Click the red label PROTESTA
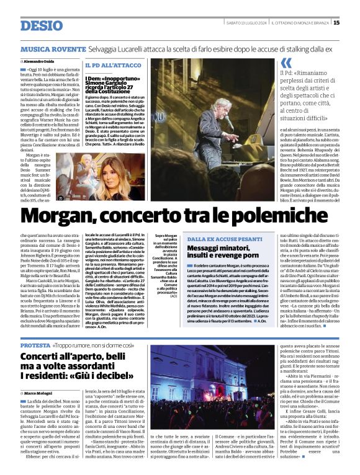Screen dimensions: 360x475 coord(35,345)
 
